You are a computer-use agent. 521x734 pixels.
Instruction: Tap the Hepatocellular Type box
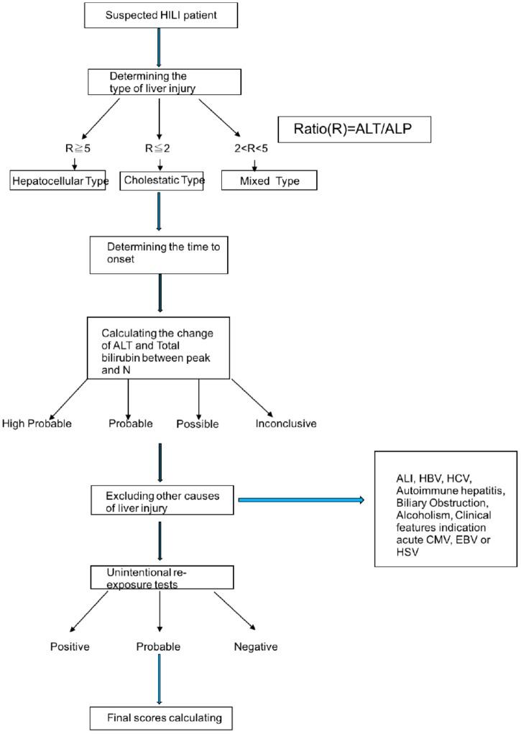[x=64, y=180]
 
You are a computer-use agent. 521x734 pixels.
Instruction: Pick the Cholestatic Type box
[x=162, y=180]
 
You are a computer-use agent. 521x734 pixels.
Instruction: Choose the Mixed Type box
[x=268, y=181]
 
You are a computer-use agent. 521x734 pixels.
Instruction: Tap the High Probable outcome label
[x=37, y=423]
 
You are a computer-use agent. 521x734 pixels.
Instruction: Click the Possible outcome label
[x=198, y=423]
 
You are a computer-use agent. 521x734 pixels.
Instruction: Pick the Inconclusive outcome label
[x=286, y=423]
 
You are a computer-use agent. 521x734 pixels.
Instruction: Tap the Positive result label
[x=70, y=646]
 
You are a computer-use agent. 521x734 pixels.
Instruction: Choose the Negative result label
[x=256, y=646]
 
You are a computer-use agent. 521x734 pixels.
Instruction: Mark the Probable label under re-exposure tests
[x=157, y=646]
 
